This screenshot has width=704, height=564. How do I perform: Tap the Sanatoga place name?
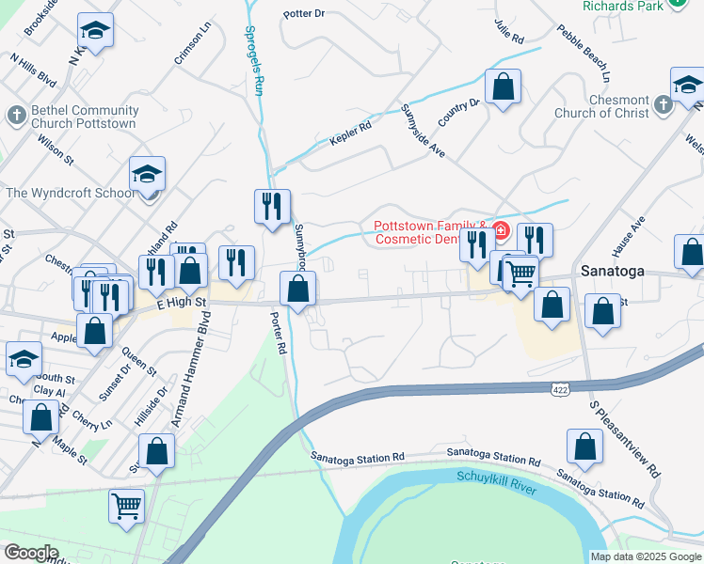(612, 270)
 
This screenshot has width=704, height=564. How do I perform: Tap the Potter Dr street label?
(304, 14)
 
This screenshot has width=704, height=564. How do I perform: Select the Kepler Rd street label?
(350, 133)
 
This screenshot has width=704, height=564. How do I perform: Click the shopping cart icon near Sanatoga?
(520, 274)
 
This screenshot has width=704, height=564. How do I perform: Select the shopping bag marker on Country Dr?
(504, 87)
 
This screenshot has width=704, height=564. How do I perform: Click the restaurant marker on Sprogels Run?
(272, 206)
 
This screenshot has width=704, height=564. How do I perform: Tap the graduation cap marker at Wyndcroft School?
(148, 174)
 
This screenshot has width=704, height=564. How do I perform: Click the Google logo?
(32, 553)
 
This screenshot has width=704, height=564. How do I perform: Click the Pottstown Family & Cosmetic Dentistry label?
(430, 232)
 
